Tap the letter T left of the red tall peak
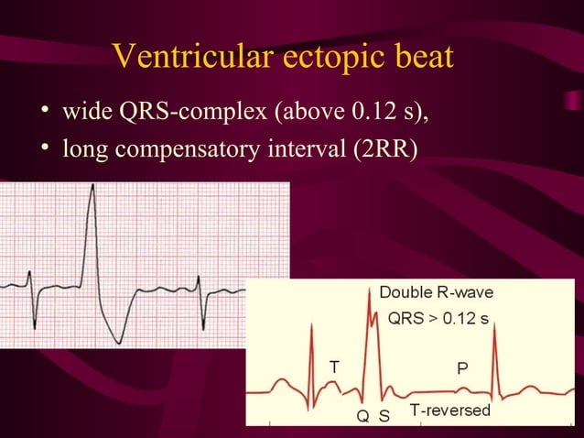[x=335, y=366]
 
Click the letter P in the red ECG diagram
[x=463, y=367]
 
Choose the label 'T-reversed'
[x=449, y=410]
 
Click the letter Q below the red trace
[x=362, y=417]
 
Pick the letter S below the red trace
[x=384, y=417]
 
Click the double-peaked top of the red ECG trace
[x=372, y=309]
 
